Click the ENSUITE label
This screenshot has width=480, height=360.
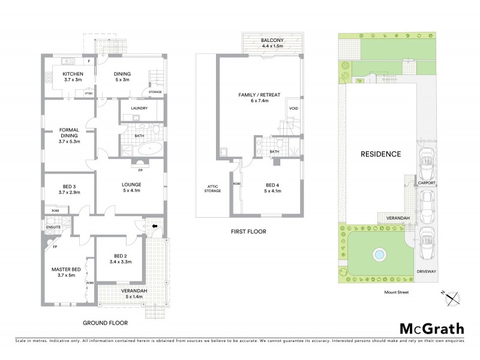(53, 227)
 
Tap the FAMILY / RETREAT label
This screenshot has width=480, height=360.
(260, 95)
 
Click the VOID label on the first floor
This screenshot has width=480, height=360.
(293, 109)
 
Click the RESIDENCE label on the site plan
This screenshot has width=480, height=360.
(380, 154)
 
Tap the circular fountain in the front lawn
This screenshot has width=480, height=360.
(379, 254)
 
